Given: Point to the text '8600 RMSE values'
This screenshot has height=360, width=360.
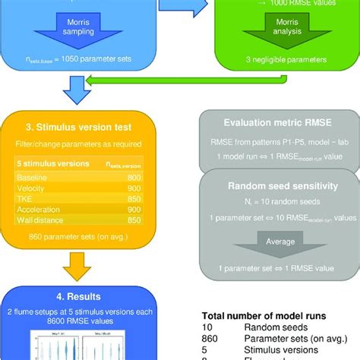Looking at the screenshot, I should (x=74, y=321).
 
